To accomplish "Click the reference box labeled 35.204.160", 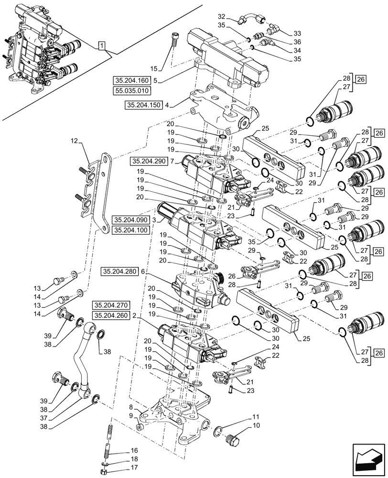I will [131, 80].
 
